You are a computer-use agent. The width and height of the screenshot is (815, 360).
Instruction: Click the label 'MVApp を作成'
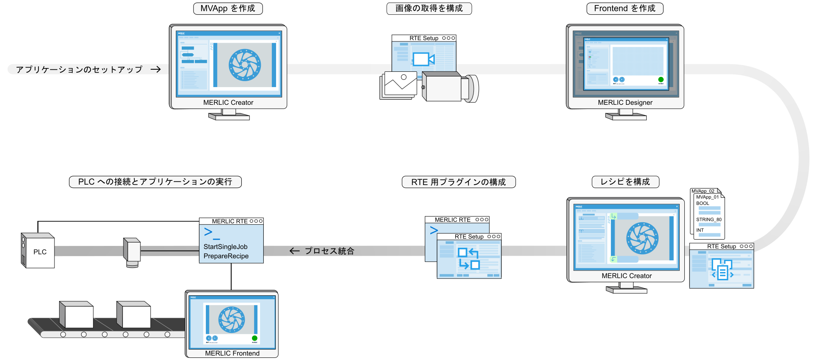click(228, 8)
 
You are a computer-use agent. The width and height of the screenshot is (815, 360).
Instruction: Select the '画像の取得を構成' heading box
click(429, 8)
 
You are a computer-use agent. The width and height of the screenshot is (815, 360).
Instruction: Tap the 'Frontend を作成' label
click(625, 8)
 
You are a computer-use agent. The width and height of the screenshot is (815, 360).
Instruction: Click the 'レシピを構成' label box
click(625, 182)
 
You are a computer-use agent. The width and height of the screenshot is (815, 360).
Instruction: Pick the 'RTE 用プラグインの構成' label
click(459, 182)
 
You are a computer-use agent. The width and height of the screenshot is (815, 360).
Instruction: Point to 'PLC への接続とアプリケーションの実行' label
click(155, 182)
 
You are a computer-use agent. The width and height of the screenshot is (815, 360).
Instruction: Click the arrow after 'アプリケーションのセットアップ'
click(156, 69)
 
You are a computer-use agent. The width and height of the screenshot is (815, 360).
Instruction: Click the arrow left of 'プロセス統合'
click(295, 251)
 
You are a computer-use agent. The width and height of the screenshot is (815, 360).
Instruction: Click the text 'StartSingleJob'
click(225, 247)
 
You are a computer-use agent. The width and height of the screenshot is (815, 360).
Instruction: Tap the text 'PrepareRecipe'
click(226, 256)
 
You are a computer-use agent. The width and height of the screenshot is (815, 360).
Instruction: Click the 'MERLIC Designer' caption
click(625, 103)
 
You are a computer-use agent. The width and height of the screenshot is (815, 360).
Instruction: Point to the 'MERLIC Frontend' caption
click(232, 353)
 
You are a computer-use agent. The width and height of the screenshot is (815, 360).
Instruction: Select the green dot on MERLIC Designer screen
click(661, 79)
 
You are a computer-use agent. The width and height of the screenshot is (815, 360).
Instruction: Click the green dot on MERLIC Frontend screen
click(254, 338)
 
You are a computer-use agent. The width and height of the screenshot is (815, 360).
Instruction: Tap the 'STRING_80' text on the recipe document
click(708, 220)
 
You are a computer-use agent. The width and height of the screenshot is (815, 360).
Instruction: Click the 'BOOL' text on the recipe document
click(703, 203)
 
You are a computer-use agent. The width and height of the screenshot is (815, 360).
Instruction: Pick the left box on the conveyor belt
click(77, 314)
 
